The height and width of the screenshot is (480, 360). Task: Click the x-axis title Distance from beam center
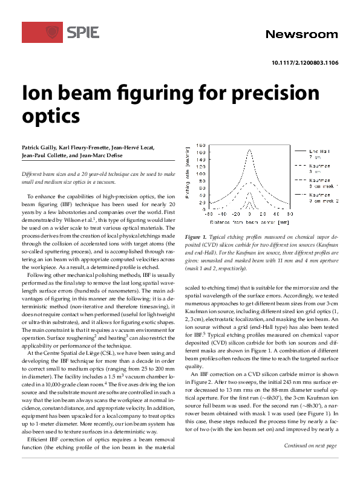coord(249,219)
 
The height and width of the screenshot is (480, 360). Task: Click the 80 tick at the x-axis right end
coord(290,213)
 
